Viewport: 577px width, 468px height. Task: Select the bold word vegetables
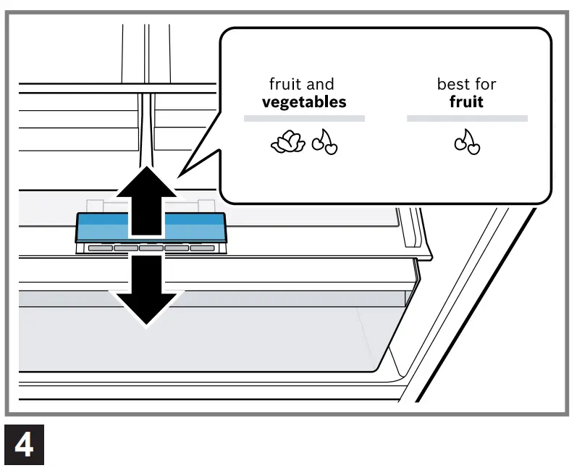coord(304,102)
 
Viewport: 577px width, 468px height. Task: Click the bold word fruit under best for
coord(467,102)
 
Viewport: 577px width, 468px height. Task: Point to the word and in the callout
coord(320,85)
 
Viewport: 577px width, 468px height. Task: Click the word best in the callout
coord(452,85)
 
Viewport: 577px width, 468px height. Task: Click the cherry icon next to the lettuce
coord(324,144)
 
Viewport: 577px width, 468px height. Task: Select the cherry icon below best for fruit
coord(467,143)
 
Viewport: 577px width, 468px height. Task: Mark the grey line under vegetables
coord(304,118)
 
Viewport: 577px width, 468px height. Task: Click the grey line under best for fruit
coord(467,118)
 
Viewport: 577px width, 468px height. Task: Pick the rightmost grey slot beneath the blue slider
coord(203,248)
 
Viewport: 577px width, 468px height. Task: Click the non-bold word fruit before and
coord(285,85)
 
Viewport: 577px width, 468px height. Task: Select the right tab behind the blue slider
coord(205,207)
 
